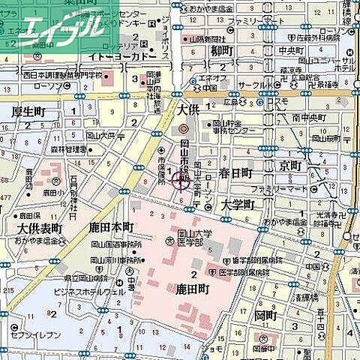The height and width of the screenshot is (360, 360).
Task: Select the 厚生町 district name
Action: point(28,112)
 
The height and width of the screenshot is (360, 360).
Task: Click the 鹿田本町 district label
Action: point(110,227)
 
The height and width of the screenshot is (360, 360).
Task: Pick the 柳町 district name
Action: point(223,52)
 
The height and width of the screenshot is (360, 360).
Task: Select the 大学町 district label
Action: point(238,204)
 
